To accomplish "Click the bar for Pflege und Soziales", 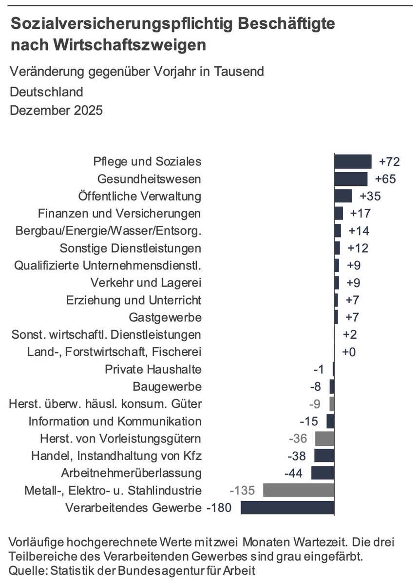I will (x=353, y=162).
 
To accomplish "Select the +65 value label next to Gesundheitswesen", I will (x=385, y=179).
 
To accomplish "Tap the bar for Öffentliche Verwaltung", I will (x=343, y=196).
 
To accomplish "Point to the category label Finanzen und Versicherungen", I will (x=119, y=214).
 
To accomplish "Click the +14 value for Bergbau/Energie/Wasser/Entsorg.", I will (x=358, y=231).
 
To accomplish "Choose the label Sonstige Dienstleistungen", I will (x=130, y=248).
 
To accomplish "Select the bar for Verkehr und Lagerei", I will (x=337, y=283).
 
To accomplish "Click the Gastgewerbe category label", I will (x=165, y=317).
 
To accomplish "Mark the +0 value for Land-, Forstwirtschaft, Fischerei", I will (x=349, y=352).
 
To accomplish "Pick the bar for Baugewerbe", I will (x=332, y=386).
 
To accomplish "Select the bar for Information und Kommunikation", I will (x=330, y=421).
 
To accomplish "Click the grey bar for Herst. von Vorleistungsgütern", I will (x=324, y=438).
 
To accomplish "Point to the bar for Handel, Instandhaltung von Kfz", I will (x=324, y=456).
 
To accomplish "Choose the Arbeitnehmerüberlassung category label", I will (x=131, y=473).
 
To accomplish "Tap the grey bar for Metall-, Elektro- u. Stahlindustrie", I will (x=299, y=490).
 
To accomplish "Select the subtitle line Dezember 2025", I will (x=57, y=110).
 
